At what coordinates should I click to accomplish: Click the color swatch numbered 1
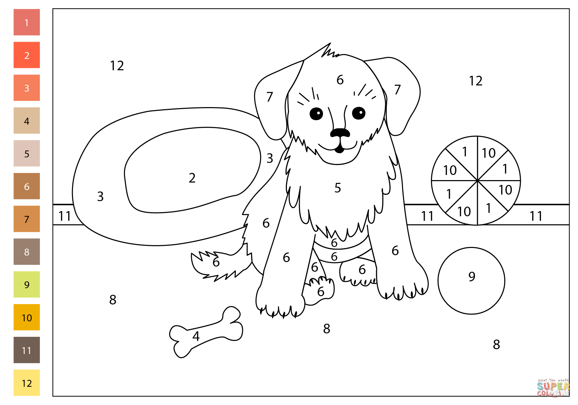tap(27, 22)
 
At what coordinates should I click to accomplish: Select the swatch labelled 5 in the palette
tap(27, 154)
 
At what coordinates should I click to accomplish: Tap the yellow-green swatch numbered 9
tap(27, 284)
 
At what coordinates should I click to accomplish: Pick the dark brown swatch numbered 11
tap(27, 350)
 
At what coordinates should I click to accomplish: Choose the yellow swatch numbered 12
tap(27, 383)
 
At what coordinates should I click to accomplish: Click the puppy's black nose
tap(340, 133)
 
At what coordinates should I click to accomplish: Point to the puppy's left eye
tap(316, 113)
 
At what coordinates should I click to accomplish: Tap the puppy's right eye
tap(359, 113)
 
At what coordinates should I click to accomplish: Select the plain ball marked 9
tap(471, 281)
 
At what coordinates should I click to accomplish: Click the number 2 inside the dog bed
tap(192, 178)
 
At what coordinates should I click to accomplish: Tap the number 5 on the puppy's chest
tap(338, 188)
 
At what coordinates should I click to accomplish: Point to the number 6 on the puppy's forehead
tap(340, 80)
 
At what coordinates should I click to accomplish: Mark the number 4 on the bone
tap(196, 336)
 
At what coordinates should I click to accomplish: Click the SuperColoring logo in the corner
tap(553, 388)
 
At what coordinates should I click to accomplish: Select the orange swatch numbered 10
tap(27, 317)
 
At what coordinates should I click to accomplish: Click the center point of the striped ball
tap(477, 180)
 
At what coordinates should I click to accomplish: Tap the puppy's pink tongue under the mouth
tap(340, 149)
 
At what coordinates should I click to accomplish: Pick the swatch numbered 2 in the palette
tap(27, 55)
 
